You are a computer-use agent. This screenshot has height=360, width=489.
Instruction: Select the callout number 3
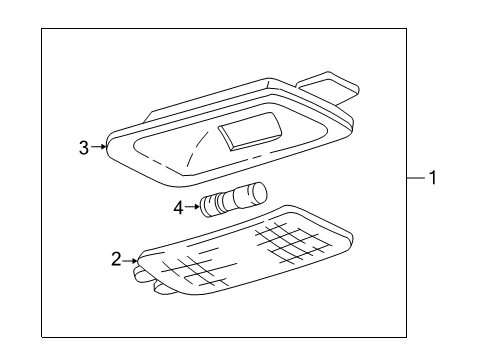click(x=84, y=148)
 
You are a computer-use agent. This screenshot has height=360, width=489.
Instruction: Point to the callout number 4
click(x=178, y=208)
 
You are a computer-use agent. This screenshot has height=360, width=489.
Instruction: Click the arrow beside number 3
click(x=99, y=148)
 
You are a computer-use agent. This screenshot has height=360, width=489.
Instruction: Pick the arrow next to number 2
click(x=131, y=260)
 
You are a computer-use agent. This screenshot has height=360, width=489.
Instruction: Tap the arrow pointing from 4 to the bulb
click(x=192, y=208)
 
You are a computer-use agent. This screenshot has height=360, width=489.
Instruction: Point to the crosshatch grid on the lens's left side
click(x=190, y=267)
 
